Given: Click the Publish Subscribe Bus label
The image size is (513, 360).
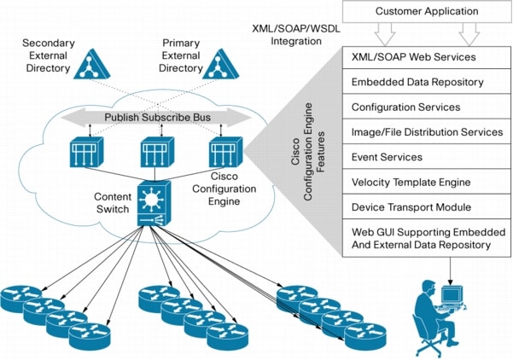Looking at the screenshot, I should coord(159,116).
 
